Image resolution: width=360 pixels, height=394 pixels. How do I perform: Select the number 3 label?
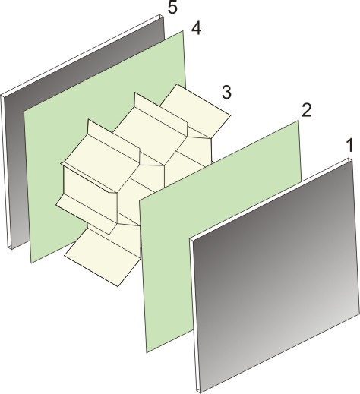pyautogui.click(x=226, y=93)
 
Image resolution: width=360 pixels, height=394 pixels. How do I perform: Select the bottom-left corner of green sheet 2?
pyautogui.click(x=147, y=351)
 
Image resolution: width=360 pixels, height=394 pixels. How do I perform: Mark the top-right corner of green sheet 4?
pyautogui.click(x=185, y=31)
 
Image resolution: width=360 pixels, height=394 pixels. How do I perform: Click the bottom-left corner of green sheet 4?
pyautogui.click(x=32, y=263)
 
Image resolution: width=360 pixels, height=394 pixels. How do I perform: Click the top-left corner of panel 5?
pyautogui.click(x=3, y=95)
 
